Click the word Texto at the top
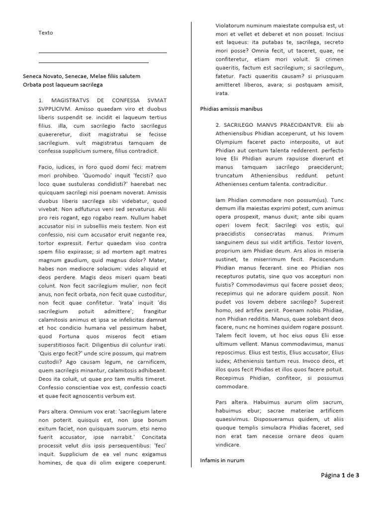pyautogui.click(x=45, y=33)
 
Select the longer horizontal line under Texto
pyautogui.click(x=102, y=53)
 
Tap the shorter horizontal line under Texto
pyautogui.click(x=94, y=63)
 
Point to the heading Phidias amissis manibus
pyautogui.click(x=231, y=108)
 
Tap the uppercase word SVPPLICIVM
pyautogui.click(x=56, y=108)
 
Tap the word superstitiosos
pyautogui.click(x=59, y=344)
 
